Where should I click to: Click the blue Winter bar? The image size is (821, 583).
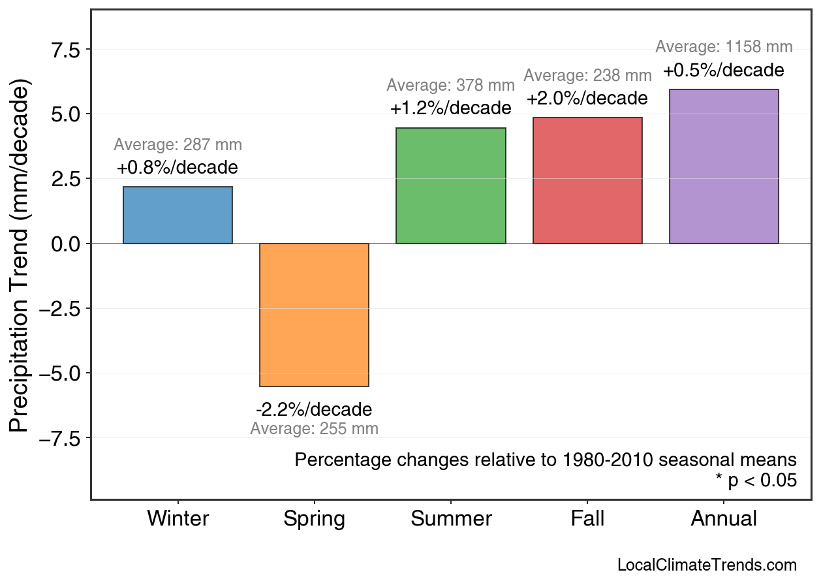[x=178, y=215]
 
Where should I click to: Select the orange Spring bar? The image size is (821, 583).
[x=314, y=315]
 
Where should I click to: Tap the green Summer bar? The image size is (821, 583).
[x=450, y=186]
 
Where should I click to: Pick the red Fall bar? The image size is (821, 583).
[x=587, y=181]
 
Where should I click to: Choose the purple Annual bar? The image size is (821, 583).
[x=724, y=166]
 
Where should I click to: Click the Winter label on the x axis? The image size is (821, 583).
[x=178, y=519]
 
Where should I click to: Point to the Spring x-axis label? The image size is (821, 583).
[x=314, y=519]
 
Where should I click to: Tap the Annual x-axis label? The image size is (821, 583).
[x=724, y=519]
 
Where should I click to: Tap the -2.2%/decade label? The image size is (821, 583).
[x=314, y=410]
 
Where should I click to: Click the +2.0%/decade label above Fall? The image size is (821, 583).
[x=587, y=99]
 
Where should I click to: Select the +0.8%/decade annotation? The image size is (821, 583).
[x=178, y=168]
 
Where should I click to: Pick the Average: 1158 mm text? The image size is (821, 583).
[x=724, y=47]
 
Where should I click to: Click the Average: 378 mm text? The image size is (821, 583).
[x=450, y=86]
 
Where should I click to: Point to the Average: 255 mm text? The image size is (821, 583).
[x=314, y=429]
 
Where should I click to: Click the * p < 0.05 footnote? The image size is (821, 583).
[x=756, y=481]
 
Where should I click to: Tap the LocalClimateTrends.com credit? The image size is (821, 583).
[x=707, y=565]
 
